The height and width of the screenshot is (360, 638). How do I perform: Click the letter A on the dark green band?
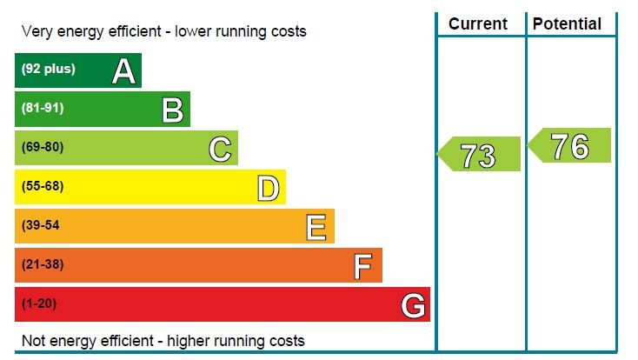pyautogui.click(x=123, y=71)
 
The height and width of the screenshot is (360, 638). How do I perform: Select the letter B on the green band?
pyautogui.click(x=172, y=110)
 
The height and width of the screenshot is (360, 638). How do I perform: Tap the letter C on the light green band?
pyautogui.click(x=220, y=150)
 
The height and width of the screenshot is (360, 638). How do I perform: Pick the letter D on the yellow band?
pyautogui.click(x=269, y=189)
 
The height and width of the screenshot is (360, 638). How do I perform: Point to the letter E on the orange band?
pyautogui.click(x=317, y=228)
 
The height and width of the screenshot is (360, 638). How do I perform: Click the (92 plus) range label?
pyautogui.click(x=48, y=69)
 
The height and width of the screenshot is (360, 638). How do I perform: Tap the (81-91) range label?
pyautogui.click(x=43, y=108)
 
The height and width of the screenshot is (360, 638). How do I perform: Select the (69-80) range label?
pyautogui.click(x=43, y=147)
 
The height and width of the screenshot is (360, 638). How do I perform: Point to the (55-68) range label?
pyautogui.click(x=43, y=186)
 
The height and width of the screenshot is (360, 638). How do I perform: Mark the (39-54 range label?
pyautogui.click(x=41, y=225)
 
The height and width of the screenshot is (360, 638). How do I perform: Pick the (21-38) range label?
pyautogui.click(x=43, y=264)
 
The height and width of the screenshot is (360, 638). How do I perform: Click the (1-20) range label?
pyautogui.click(x=39, y=303)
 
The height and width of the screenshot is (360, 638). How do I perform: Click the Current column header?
pyautogui.click(x=478, y=24)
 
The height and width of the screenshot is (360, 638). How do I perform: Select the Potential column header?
pyautogui.click(x=567, y=24)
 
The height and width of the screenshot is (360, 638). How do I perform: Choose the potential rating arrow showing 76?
pyautogui.click(x=570, y=146)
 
